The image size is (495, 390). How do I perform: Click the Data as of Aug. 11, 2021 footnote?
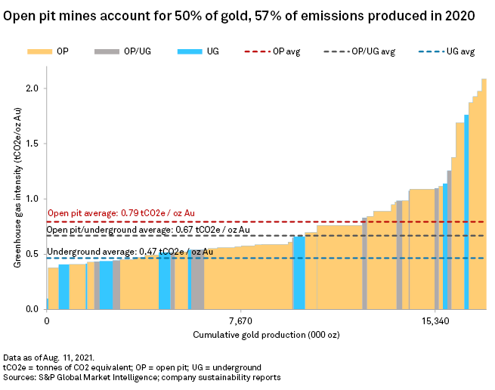pos(49,356)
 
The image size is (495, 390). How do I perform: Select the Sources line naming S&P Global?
pos(142,376)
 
